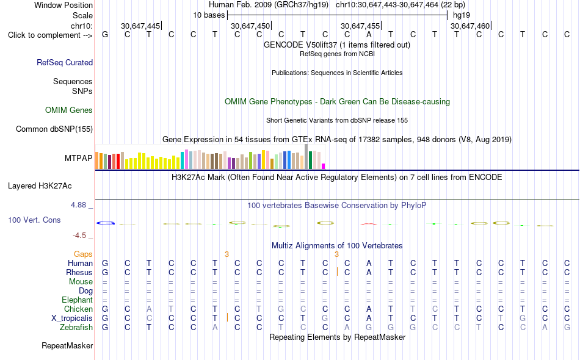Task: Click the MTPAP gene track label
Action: tap(78, 158)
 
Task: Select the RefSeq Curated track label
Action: tap(65, 62)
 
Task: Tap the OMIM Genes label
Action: tap(69, 110)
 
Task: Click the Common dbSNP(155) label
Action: tap(54, 129)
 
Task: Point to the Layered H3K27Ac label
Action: tap(40, 186)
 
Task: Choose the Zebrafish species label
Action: tap(76, 328)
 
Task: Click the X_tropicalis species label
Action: tap(72, 319)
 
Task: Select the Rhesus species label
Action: tap(79, 272)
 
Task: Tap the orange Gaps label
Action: tap(83, 254)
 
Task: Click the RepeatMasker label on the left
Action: tap(67, 345)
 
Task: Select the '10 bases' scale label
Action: tap(209, 15)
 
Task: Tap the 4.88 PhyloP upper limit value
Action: tap(78, 205)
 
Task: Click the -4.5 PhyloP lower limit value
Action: tap(79, 236)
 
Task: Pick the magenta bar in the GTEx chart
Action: tap(324, 167)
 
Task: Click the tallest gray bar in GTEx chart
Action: tap(306, 157)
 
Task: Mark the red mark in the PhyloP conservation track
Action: tap(369, 224)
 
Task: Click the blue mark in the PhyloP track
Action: tap(106, 223)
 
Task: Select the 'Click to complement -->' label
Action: tap(50, 35)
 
